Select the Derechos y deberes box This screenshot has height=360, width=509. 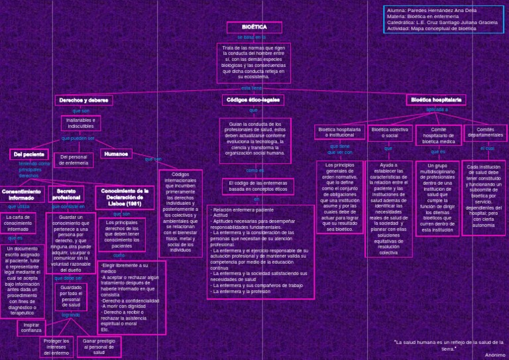click(x=84, y=100)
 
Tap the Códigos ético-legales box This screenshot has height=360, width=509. click(x=253, y=100)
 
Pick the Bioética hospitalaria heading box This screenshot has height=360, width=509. click(x=436, y=100)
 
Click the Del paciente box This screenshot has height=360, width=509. click(x=28, y=154)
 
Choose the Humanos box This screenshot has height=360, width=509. click(x=116, y=154)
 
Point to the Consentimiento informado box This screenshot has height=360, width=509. click(x=21, y=194)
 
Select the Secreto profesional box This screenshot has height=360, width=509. click(x=66, y=194)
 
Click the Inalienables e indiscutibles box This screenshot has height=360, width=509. click(x=81, y=123)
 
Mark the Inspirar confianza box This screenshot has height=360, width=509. click(x=31, y=328)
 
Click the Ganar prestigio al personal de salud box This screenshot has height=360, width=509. click(x=99, y=347)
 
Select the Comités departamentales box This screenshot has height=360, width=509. click(x=485, y=133)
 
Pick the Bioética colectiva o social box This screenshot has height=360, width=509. click(x=390, y=133)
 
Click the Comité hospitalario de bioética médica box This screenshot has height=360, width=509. click(x=438, y=135)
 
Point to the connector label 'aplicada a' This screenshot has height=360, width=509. click(x=437, y=109)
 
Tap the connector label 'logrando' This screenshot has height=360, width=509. click(x=71, y=315)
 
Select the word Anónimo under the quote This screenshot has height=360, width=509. click(x=494, y=355)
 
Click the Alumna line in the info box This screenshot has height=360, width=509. click(x=431, y=10)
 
